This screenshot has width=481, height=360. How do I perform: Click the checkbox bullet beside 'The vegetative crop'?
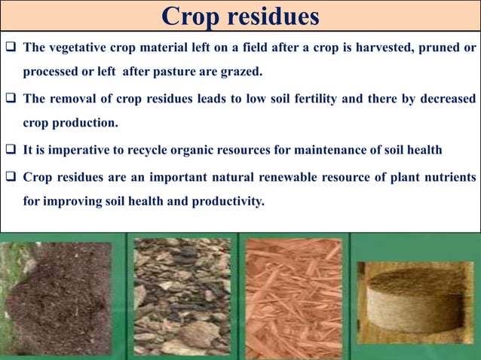11,48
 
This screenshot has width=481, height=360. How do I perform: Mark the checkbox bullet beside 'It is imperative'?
11,150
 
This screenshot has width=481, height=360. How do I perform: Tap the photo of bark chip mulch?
182,297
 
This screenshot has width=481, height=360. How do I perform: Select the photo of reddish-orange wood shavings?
293,297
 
